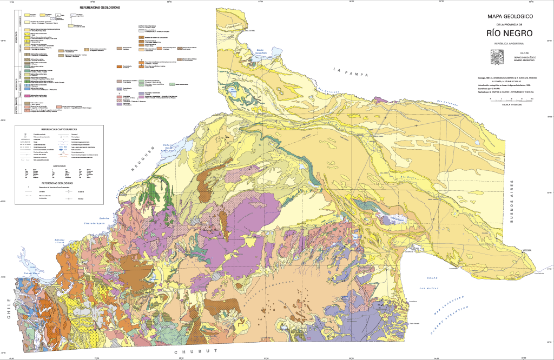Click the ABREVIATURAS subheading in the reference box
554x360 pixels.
click(60, 166)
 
